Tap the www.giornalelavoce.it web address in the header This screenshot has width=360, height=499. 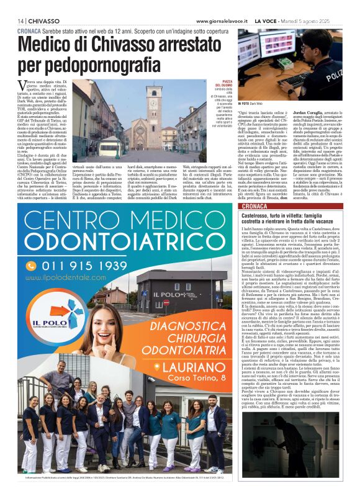(223, 20)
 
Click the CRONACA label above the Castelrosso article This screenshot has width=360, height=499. (255, 205)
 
